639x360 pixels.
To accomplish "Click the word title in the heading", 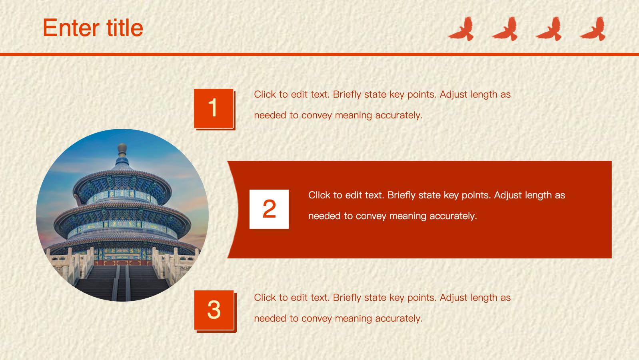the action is click(x=125, y=27).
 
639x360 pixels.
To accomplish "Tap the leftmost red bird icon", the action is click(x=461, y=29).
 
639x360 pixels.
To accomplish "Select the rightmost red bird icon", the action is click(x=593, y=29).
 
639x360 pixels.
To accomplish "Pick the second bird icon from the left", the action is click(x=505, y=29).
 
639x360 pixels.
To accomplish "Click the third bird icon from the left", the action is click(x=549, y=29).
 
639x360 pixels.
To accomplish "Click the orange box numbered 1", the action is click(x=214, y=109).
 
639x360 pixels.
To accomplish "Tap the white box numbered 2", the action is click(x=269, y=209).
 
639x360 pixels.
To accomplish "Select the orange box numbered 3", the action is click(x=215, y=311).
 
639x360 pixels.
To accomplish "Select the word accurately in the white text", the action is click(x=453, y=216).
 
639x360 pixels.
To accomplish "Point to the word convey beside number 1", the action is click(x=317, y=116).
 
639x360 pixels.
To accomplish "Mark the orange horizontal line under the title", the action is click(x=319, y=54).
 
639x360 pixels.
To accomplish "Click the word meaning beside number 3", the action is click(x=353, y=319).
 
